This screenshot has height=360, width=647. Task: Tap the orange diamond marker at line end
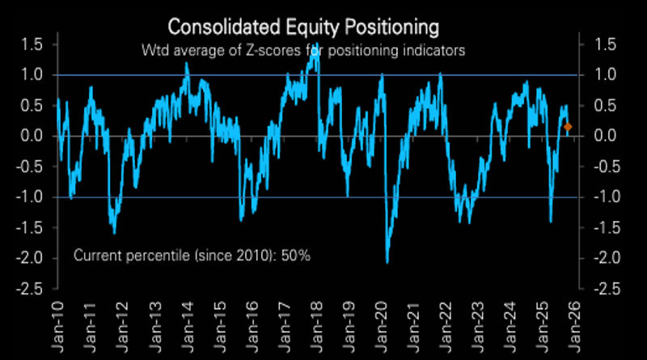click(568, 126)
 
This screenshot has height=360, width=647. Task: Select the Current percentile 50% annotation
click(192, 256)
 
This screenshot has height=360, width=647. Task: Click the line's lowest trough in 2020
click(387, 262)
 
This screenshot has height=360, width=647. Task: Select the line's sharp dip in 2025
click(551, 221)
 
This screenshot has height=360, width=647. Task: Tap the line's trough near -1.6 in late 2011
click(114, 233)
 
